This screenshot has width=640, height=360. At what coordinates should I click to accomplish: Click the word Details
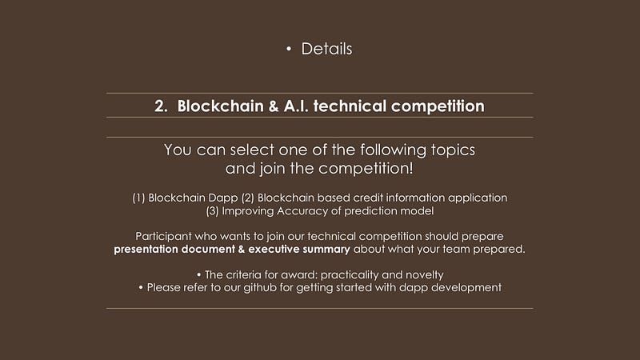point(326,49)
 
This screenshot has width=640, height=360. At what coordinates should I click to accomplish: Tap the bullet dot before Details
point(289,49)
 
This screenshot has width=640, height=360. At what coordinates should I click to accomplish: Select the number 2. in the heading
point(162,106)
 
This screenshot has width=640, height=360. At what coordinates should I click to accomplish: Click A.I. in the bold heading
point(296,106)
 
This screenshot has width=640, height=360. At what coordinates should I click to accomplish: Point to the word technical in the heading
point(350,106)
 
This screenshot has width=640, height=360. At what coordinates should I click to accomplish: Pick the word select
point(252,150)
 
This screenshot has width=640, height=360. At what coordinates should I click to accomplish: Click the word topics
point(453,150)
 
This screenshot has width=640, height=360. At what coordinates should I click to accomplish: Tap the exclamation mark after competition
point(410,168)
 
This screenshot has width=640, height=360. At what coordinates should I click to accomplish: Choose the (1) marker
point(138,198)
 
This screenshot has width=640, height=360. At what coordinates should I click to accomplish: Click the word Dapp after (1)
point(223,198)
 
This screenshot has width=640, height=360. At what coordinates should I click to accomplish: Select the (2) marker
point(248,198)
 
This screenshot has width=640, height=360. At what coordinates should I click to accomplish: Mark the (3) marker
point(212,211)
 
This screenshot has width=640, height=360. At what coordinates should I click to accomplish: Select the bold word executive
point(274,249)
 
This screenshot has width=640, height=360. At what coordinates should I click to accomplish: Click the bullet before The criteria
point(198,275)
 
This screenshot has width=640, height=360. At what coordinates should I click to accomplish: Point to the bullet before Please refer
point(141,288)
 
